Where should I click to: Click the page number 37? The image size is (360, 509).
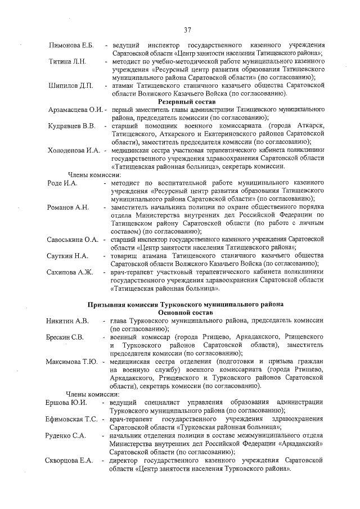[x=187, y=29]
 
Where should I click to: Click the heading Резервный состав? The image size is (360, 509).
[x=186, y=101]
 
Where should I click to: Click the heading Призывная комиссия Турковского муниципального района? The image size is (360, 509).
[x=186, y=304]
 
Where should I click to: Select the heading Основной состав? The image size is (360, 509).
[x=186, y=312]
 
